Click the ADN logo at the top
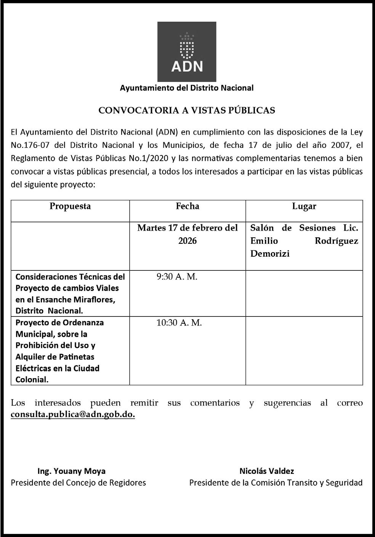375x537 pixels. point(187,51)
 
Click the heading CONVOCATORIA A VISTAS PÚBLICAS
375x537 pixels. point(187,110)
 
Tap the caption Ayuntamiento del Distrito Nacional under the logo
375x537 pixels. point(187,88)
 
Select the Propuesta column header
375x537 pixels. point(70,206)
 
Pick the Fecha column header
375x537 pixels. point(187,206)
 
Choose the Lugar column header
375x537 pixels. point(304,206)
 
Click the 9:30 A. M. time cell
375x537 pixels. point(177,277)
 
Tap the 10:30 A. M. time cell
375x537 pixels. point(179,323)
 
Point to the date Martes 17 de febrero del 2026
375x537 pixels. point(187,234)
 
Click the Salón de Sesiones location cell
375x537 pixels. point(304,241)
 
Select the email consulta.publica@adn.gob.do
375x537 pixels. point(73,414)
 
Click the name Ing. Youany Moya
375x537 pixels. point(71,471)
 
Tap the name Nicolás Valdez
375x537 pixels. point(267,471)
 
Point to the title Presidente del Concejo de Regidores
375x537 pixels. point(78,483)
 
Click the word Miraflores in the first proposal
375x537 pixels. point(96,300)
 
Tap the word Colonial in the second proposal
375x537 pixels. point(32,380)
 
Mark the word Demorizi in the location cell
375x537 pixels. point(270,254)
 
